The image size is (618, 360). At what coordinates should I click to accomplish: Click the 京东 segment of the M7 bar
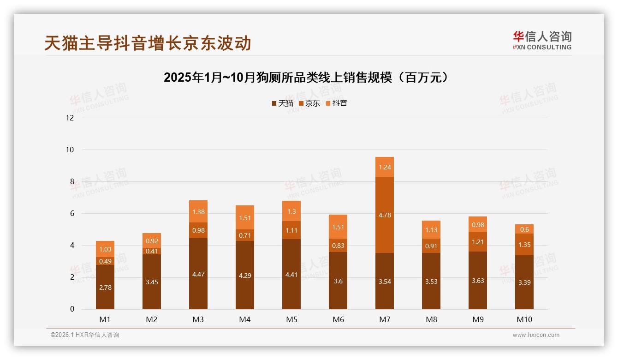(x=384, y=215)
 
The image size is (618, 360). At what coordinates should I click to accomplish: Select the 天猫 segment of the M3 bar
(x=198, y=274)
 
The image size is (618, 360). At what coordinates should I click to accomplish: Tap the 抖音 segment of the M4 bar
(x=244, y=217)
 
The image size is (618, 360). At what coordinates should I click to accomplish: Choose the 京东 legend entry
(x=309, y=103)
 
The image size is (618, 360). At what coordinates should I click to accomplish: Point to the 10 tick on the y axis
(x=70, y=150)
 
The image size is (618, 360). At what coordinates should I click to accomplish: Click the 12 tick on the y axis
(x=70, y=118)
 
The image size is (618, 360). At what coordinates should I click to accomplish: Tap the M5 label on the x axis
(x=291, y=319)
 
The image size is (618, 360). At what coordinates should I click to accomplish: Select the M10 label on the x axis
(x=524, y=319)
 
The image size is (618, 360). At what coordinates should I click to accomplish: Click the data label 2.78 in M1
(x=105, y=288)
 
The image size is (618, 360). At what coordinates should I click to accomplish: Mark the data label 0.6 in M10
(x=524, y=229)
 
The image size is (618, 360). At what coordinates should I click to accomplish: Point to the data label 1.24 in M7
(x=384, y=167)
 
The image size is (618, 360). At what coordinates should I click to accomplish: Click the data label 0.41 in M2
(x=152, y=251)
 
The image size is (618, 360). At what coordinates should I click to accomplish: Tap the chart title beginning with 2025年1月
(x=306, y=78)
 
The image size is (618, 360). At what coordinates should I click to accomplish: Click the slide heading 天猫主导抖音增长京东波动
(x=148, y=43)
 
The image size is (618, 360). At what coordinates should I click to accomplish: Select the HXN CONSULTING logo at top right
(x=542, y=41)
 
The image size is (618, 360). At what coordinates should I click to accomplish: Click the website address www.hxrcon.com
(x=536, y=335)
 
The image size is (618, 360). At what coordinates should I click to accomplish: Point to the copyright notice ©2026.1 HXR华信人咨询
(x=84, y=335)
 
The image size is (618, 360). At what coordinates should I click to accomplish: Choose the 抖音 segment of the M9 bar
(x=477, y=224)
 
